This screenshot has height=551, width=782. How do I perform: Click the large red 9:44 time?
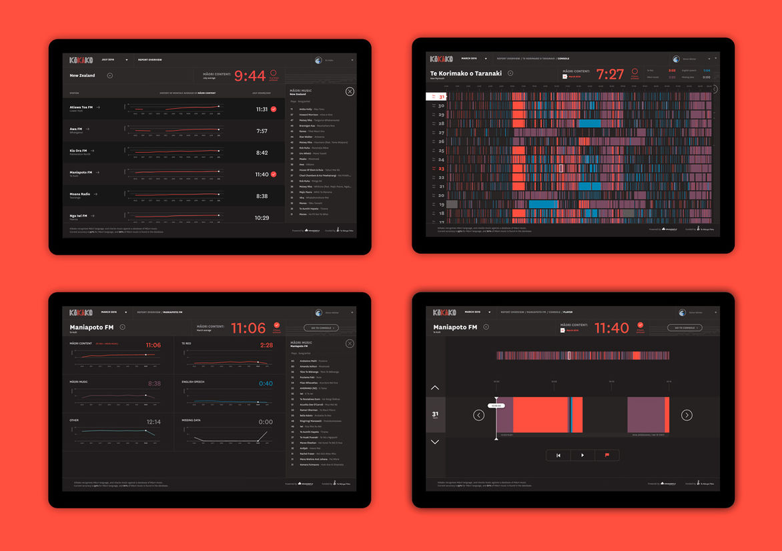pos(250,76)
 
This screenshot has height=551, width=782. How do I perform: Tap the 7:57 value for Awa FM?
pos(262,131)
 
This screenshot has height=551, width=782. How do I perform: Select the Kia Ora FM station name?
pos(79,151)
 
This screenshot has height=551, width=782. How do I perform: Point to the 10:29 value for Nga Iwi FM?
pos(262,218)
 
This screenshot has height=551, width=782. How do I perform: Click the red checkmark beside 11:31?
pos(274,109)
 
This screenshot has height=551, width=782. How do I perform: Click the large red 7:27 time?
pos(610,75)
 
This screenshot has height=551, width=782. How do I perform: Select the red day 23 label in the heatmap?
pos(441,169)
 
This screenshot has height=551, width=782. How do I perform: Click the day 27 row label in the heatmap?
pos(441,133)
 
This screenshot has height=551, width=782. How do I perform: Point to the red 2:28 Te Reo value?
pos(266,346)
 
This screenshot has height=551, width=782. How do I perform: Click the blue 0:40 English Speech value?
pos(266,384)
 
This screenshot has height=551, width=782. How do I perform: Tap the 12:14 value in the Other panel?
pos(153,422)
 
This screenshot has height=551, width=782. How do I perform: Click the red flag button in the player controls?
pos(607,456)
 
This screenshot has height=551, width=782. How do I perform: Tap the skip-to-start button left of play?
pos(558,456)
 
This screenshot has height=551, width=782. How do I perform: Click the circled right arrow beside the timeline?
pos(687,415)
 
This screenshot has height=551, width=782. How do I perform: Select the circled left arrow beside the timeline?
pos(478,415)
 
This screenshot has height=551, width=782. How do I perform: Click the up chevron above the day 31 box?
pos(435,388)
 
